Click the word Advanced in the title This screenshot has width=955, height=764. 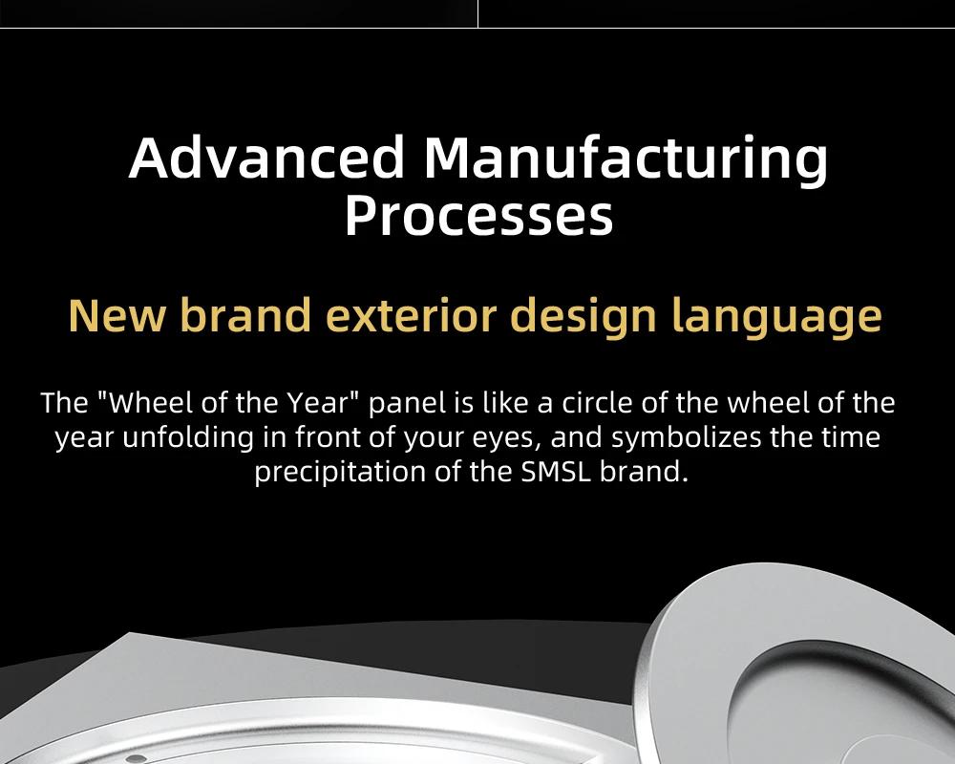click(266, 158)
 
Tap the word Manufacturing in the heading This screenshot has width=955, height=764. click(626, 159)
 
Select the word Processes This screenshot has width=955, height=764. click(478, 216)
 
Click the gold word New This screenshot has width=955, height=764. click(117, 315)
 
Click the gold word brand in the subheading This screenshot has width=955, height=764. click(246, 314)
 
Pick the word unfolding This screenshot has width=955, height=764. click(187, 438)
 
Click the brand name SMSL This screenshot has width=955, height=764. click(556, 473)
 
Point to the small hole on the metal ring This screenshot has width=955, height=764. click(137, 758)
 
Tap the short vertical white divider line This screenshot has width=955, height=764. click(478, 13)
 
